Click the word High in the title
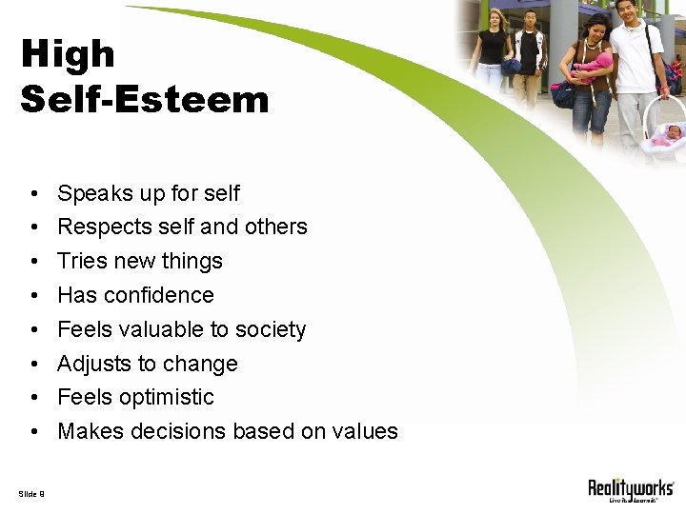click(x=68, y=54)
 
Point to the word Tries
click(x=82, y=261)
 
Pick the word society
click(x=271, y=330)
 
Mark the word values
click(x=364, y=431)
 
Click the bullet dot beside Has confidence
click(x=33, y=296)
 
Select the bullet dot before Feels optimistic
click(x=33, y=398)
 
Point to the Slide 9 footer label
click(x=30, y=492)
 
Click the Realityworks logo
click(x=630, y=490)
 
